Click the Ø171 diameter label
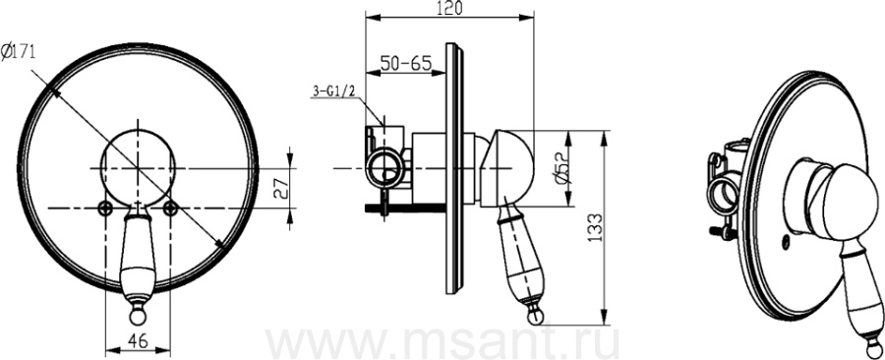click(x=20, y=52)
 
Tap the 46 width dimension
click(x=139, y=340)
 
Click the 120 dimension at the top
click(x=449, y=8)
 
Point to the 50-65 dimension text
click(x=404, y=63)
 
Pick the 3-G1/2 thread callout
click(x=333, y=91)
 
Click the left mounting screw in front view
click(x=105, y=209)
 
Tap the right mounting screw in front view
click(x=170, y=209)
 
